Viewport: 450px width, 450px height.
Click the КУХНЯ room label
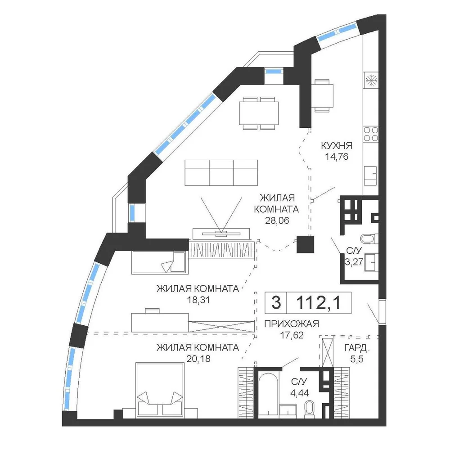click(x=336, y=145)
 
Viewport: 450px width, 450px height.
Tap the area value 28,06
click(x=277, y=220)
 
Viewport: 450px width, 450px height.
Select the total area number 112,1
click(x=318, y=302)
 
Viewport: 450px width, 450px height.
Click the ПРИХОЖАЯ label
click(x=292, y=324)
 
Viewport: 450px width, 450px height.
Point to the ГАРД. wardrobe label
click(x=357, y=348)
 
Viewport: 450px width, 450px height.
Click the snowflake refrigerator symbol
click(x=371, y=80)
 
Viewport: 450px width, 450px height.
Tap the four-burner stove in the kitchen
click(x=371, y=134)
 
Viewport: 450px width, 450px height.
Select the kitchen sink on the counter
click(x=370, y=175)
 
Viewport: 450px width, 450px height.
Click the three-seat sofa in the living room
click(x=221, y=173)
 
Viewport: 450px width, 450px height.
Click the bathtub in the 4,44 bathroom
click(x=267, y=394)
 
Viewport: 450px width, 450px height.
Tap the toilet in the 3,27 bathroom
click(x=369, y=238)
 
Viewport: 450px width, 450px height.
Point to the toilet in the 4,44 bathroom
click(x=309, y=409)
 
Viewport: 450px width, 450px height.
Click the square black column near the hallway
click(x=306, y=244)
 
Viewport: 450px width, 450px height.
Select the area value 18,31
click(x=198, y=300)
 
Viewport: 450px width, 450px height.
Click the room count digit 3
click(x=276, y=302)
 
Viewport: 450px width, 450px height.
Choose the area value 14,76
click(x=336, y=157)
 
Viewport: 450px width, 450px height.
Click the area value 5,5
click(x=357, y=359)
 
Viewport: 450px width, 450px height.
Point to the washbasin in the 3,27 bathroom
click(x=371, y=262)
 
